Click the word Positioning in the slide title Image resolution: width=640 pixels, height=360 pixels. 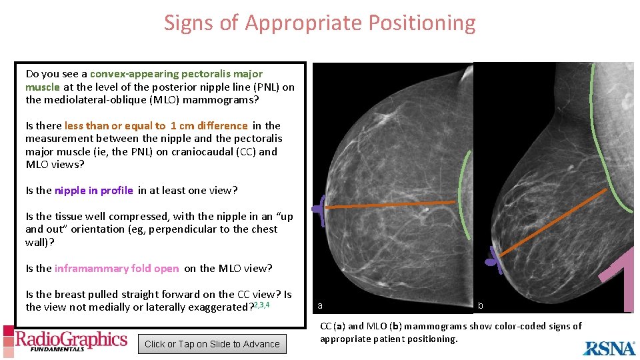pos(421,23)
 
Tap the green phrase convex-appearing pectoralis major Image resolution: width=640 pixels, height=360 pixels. pos(176,74)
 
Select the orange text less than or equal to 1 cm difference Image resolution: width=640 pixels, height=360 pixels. pos(156,126)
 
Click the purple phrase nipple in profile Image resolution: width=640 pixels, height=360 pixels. pos(94,191)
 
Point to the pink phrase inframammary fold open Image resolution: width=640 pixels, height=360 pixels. pos(117,269)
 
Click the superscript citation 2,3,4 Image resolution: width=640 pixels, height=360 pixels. pos(261,305)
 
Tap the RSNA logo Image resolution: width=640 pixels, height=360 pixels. pos(609,348)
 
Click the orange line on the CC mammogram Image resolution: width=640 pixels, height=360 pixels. pos(390,205)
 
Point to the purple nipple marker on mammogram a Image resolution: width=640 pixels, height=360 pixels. pos(319,210)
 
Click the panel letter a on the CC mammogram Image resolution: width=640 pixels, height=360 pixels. pos(320,305)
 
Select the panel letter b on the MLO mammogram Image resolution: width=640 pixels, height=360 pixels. pos(481,305)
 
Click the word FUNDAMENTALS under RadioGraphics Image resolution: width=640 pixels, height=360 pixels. pos(57,349)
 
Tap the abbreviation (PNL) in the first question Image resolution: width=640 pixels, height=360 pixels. pos(268,87)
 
